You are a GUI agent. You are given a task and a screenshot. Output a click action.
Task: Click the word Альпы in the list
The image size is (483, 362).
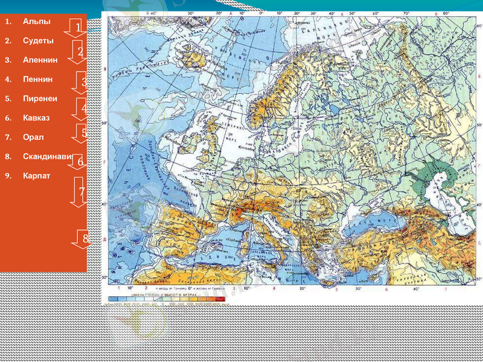(36, 22)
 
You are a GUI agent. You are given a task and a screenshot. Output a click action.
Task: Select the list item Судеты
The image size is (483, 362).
(38, 41)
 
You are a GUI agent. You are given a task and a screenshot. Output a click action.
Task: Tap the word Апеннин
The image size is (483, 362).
(40, 60)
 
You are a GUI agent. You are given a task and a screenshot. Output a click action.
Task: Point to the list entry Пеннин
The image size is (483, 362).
(37, 79)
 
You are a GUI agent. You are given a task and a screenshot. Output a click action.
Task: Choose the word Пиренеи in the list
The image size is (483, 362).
(40, 98)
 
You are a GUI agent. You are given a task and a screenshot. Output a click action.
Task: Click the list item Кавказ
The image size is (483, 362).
(37, 118)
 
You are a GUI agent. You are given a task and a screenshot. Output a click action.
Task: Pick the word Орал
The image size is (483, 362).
(33, 137)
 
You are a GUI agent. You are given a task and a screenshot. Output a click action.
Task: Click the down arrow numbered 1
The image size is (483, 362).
(77, 28)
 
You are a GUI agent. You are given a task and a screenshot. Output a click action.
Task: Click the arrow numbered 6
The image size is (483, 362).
(79, 162)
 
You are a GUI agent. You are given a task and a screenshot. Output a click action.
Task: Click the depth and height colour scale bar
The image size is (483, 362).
(167, 298)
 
